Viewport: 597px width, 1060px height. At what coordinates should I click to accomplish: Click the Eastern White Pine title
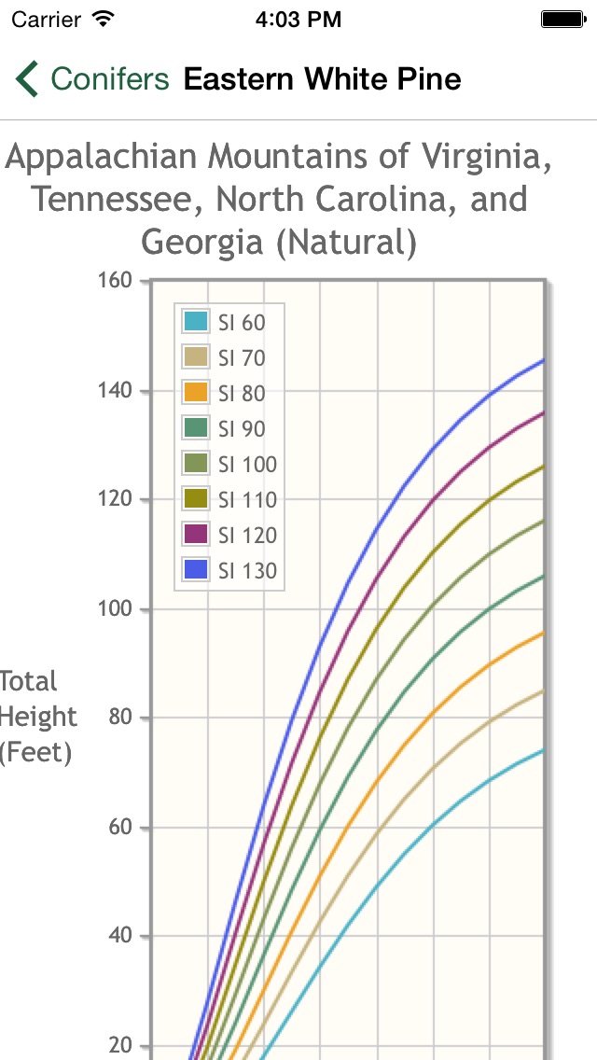(x=322, y=79)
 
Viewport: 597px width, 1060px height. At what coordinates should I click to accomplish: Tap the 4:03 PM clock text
(x=298, y=19)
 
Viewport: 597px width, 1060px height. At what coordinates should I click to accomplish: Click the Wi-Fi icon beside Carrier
(x=104, y=18)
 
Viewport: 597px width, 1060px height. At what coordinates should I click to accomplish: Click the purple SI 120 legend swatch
(x=196, y=536)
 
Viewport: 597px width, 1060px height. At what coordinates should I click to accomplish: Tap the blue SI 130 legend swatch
(x=196, y=571)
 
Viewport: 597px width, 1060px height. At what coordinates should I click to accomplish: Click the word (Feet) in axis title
(x=35, y=752)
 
